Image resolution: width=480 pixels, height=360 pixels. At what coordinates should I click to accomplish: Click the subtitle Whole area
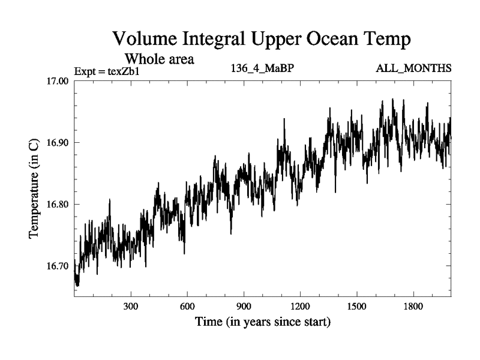(159, 59)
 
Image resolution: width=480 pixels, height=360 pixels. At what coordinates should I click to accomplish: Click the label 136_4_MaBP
(262, 68)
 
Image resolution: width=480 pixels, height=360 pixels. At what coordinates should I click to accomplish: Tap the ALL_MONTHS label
(413, 68)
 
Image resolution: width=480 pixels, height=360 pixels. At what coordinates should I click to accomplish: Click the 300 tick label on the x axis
(131, 306)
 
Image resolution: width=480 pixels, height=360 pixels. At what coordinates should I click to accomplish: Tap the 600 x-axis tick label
(187, 306)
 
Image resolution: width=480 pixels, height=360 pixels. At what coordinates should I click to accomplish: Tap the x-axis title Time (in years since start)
(262, 322)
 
